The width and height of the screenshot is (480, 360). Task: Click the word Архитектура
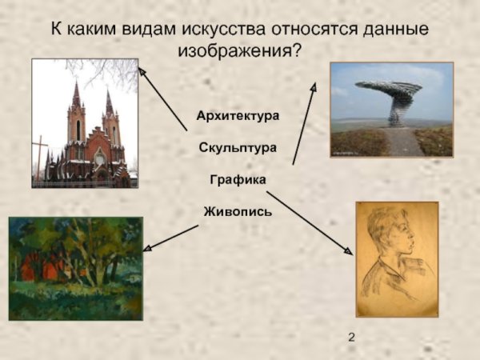238,116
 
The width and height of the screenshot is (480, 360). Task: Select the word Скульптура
238,148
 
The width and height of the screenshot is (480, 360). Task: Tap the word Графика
238,180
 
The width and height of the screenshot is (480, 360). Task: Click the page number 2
352,337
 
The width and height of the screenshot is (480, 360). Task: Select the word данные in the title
393,30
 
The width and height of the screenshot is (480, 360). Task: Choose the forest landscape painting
75,268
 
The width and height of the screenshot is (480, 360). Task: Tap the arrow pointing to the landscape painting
172,238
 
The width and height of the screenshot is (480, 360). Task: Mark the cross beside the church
38,156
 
